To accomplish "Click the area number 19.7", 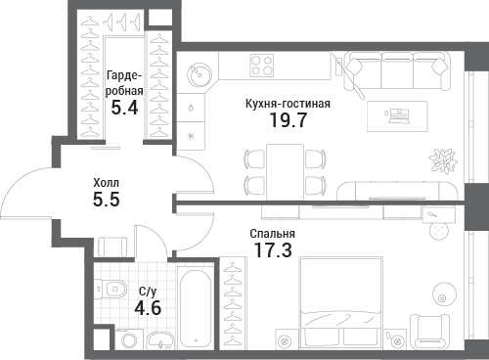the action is pyautogui.click(x=289, y=119).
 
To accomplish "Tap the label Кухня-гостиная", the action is pyautogui.click(x=288, y=104).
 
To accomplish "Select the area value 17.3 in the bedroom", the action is pyautogui.click(x=273, y=250).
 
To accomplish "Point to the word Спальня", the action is pyautogui.click(x=273, y=234).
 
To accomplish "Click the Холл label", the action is pyautogui.click(x=107, y=183).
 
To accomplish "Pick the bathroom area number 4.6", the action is pyautogui.click(x=148, y=308).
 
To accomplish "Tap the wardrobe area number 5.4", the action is pyautogui.click(x=124, y=108).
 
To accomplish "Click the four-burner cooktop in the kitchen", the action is pyautogui.click(x=262, y=66).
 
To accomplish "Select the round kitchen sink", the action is pyautogui.click(x=199, y=73).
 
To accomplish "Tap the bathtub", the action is pyautogui.click(x=196, y=307).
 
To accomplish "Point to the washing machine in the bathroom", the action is pyautogui.click(x=129, y=339).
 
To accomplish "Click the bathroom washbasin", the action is pyautogui.click(x=160, y=340).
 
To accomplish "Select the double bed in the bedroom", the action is pyautogui.click(x=341, y=302).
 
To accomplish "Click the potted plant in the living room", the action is pyautogui.click(x=443, y=160).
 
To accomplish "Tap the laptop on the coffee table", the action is pyautogui.click(x=399, y=115).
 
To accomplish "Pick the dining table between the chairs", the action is pyautogui.click(x=285, y=172).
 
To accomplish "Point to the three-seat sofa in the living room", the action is pyautogui.click(x=397, y=70).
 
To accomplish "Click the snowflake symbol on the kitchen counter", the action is pyautogui.click(x=191, y=136).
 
